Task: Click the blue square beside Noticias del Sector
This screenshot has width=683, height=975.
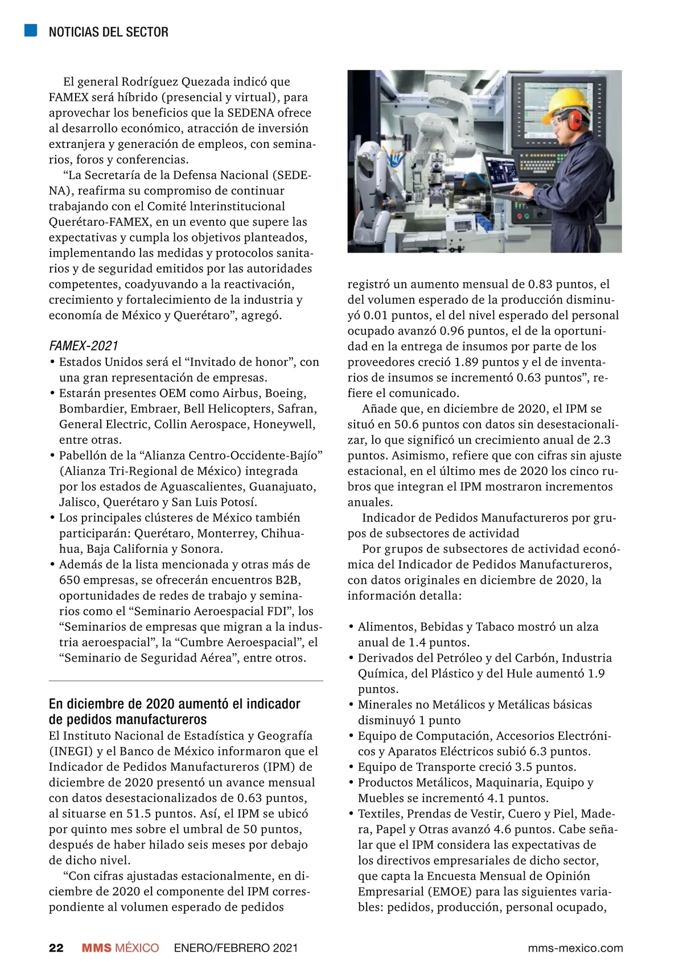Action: (31, 31)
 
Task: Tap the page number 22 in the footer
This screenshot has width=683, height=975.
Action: (56, 948)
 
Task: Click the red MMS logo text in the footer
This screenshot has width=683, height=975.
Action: (96, 948)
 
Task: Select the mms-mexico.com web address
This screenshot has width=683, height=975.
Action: (575, 948)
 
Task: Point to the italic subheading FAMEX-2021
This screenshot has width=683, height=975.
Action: (84, 346)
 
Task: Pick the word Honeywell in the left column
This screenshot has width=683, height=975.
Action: (284, 424)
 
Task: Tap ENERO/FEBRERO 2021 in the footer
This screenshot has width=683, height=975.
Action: (236, 948)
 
